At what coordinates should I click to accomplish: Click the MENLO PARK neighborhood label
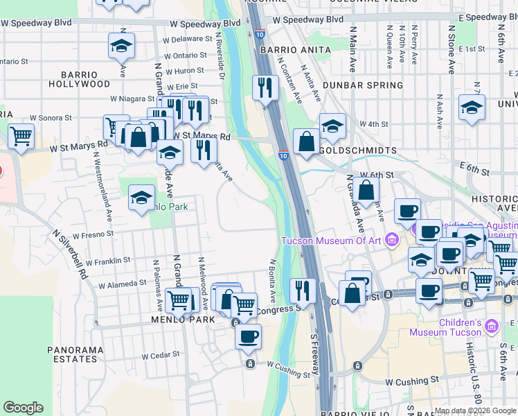tap(177, 320)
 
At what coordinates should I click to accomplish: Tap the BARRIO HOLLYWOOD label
tap(80, 79)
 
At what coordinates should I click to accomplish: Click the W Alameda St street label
tap(123, 284)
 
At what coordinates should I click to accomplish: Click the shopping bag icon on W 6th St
tap(368, 189)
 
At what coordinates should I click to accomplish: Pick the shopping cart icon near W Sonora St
tap(21, 136)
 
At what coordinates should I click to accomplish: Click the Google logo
tap(23, 408)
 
